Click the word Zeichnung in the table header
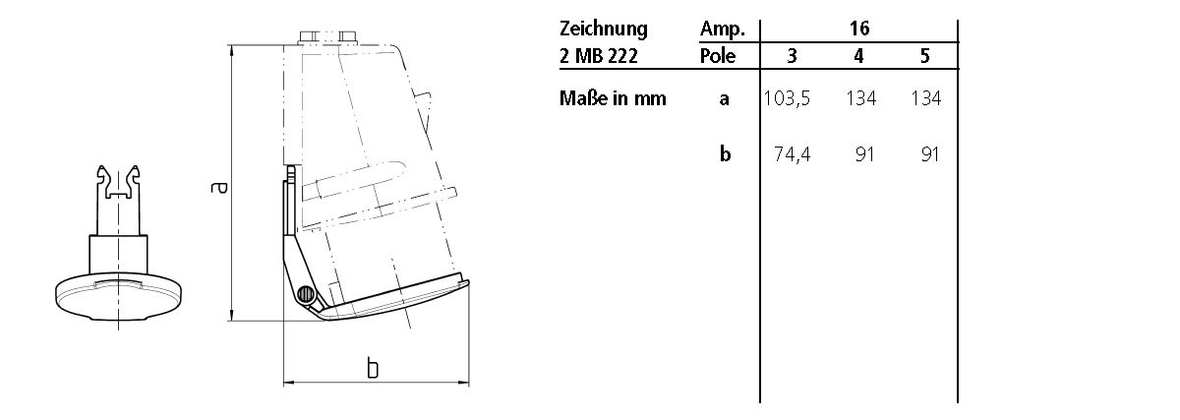click(603, 29)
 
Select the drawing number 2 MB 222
click(599, 56)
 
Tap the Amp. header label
click(723, 29)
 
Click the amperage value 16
click(858, 29)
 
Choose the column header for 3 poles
click(793, 57)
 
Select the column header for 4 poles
click(858, 57)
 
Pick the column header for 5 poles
click(925, 57)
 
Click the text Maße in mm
click(613, 98)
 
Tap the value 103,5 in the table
click(787, 98)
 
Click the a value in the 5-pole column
click(925, 98)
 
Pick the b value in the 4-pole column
click(864, 154)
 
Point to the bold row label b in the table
click(725, 154)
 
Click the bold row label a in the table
click(725, 98)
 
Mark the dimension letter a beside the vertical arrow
click(218, 186)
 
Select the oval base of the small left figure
click(118, 294)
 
